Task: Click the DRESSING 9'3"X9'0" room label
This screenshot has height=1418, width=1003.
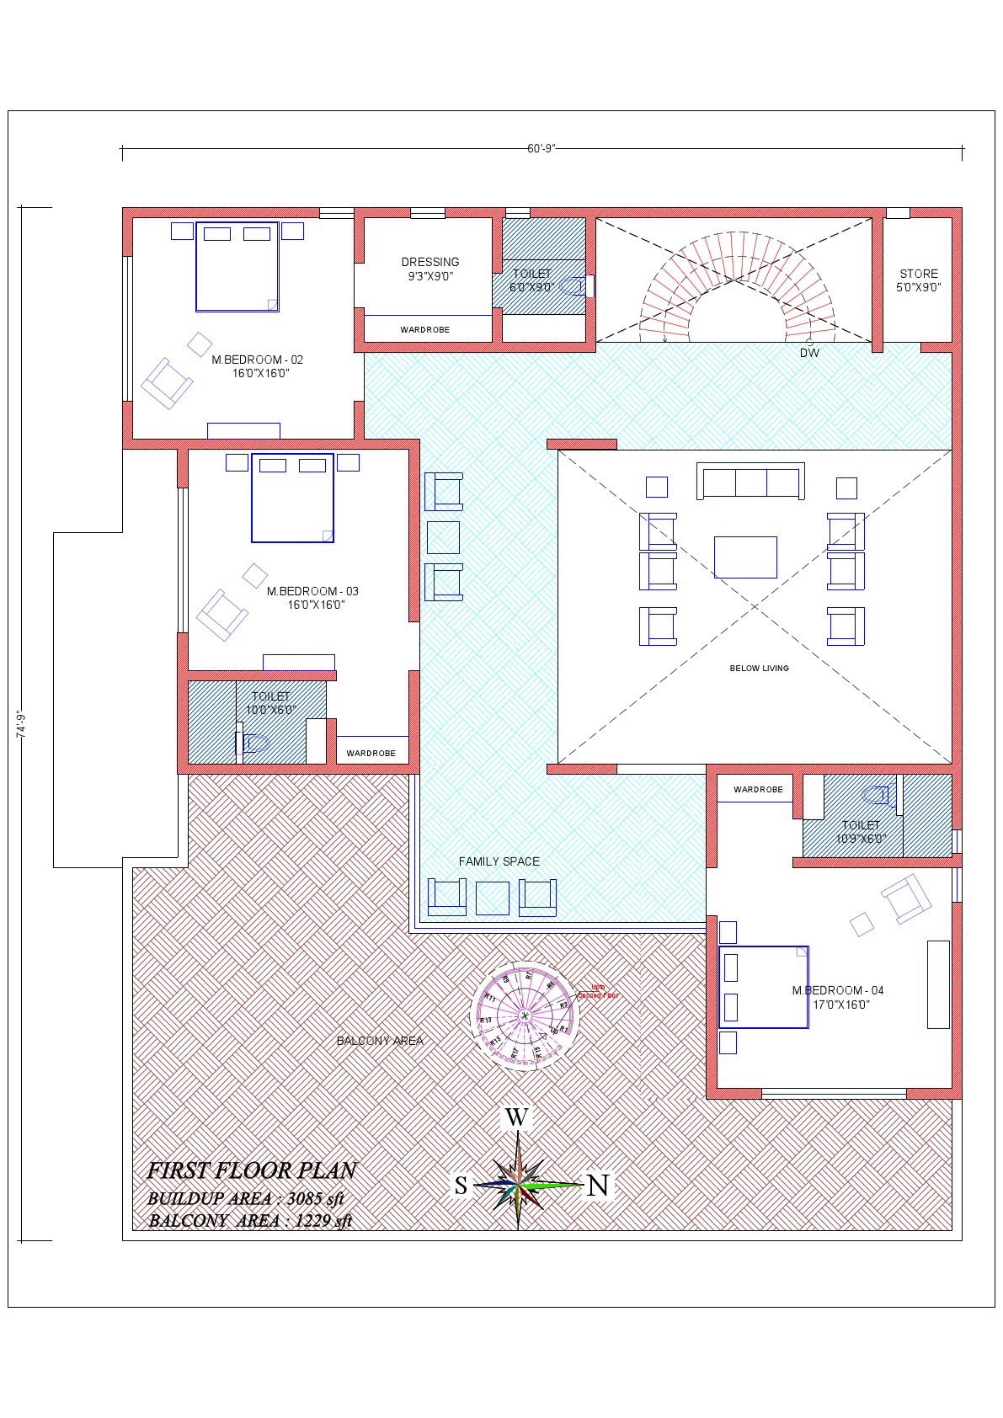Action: [430, 269]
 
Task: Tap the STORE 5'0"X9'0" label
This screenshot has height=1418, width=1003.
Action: [918, 280]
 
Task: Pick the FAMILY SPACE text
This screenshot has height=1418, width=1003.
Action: [499, 861]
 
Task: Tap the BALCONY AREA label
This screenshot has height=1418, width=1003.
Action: [380, 1041]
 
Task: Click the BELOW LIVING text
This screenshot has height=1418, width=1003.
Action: [759, 669]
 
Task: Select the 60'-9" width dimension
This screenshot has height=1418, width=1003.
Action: [541, 149]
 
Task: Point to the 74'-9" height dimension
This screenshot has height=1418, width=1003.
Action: [22, 724]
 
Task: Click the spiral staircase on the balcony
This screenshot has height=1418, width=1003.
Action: [524, 1016]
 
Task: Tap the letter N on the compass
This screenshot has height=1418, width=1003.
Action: [598, 1186]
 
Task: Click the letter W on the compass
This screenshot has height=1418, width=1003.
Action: [516, 1117]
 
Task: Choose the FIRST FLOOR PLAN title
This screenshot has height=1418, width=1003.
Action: [252, 1170]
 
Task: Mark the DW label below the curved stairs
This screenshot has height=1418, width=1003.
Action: [809, 353]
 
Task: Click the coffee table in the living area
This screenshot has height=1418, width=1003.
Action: [745, 557]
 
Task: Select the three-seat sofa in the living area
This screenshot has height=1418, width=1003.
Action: [750, 482]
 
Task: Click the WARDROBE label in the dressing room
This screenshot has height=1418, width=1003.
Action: [424, 330]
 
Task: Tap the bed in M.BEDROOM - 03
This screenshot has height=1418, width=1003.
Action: [292, 498]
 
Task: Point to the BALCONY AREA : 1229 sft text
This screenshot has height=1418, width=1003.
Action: [250, 1221]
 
